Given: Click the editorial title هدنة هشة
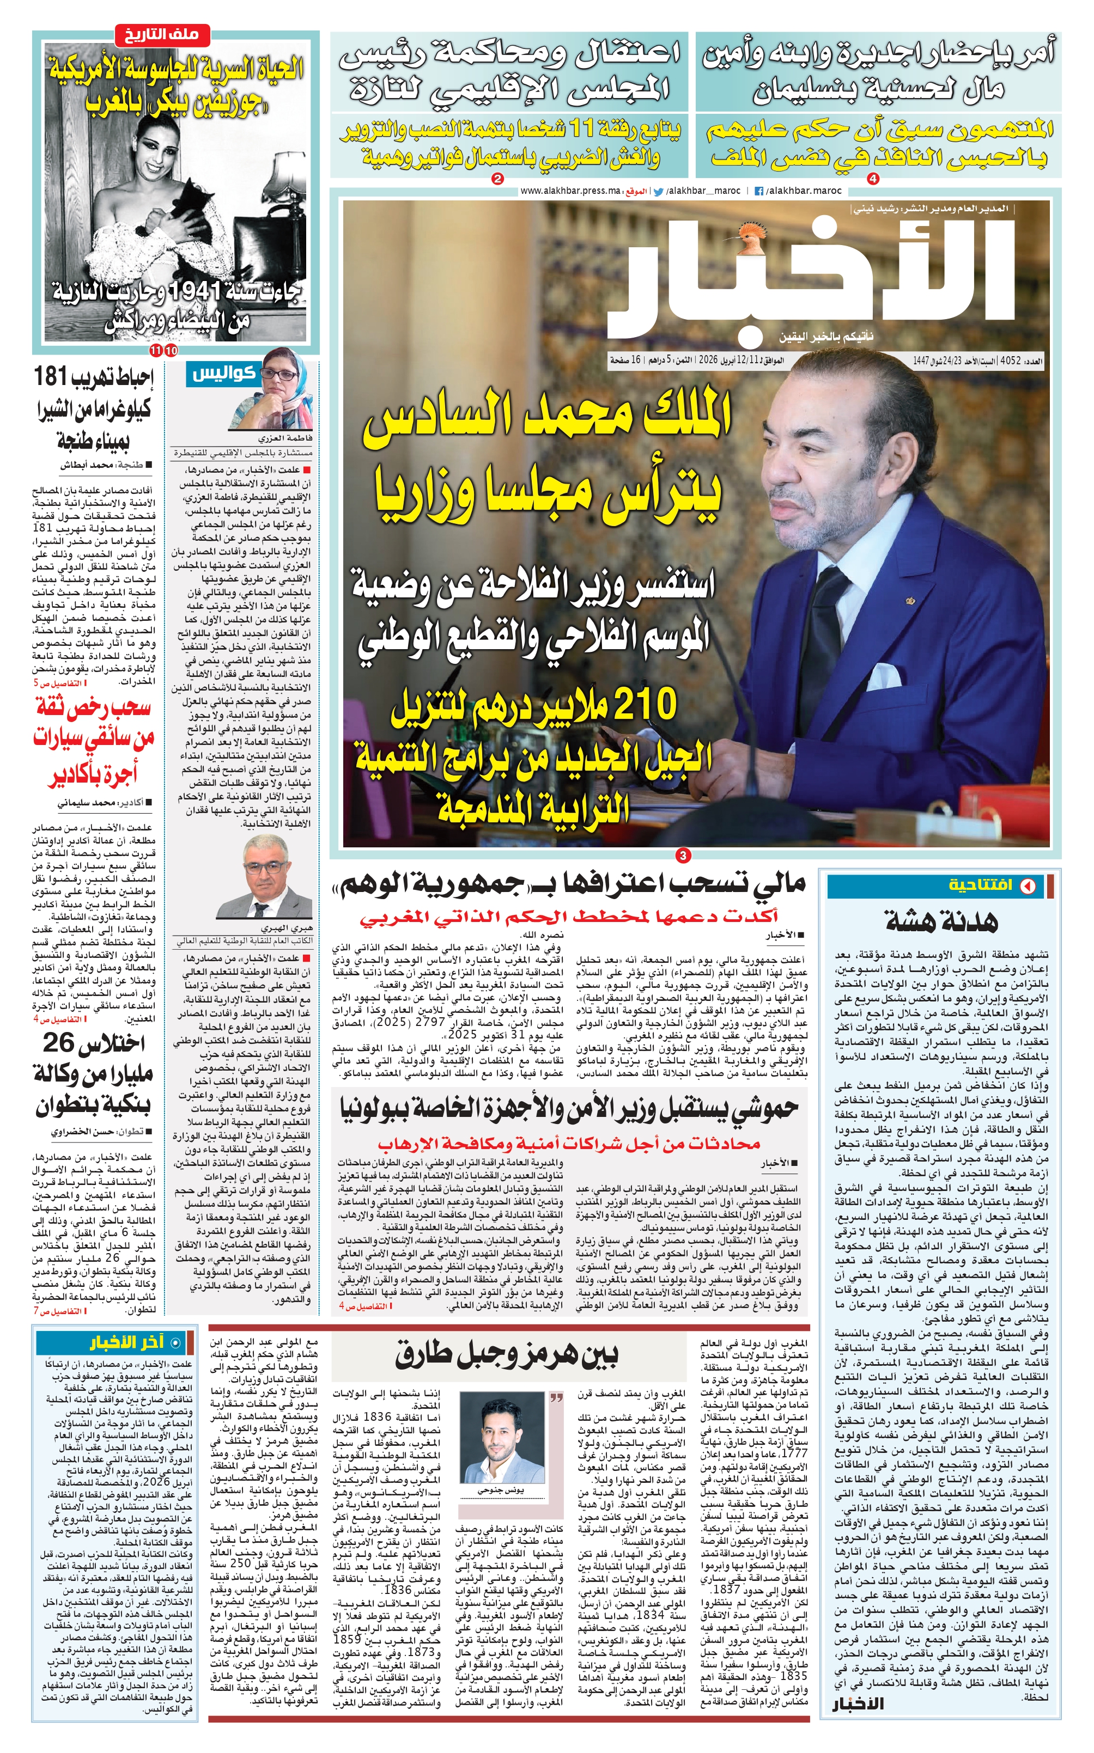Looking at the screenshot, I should [x=941, y=921].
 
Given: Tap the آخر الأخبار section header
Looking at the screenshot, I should [x=127, y=1343].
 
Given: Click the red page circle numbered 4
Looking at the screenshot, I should [x=873, y=178].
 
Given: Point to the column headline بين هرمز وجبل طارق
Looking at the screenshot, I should [x=507, y=1354].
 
